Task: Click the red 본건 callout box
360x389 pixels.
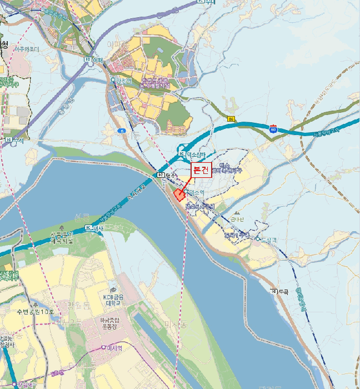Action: (201, 171)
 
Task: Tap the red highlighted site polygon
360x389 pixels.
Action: (179, 194)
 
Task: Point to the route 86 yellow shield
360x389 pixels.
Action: (231, 119)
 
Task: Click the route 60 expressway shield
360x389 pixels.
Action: (273, 128)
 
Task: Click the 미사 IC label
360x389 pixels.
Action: (95, 228)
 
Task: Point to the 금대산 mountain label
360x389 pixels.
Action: (237, 219)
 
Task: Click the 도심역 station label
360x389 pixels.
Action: (268, 239)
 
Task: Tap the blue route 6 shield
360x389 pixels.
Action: (122, 130)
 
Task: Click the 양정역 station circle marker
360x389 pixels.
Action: (113, 80)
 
